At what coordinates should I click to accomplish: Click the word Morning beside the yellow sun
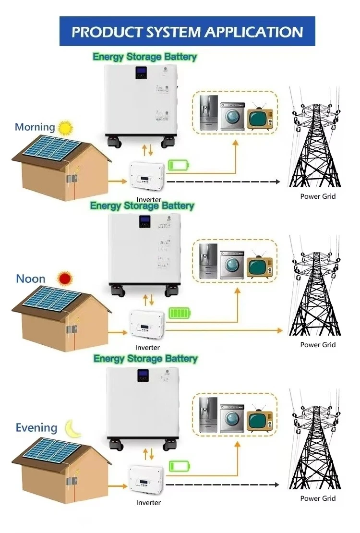point(35,127)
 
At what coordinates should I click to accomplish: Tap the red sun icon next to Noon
point(64,279)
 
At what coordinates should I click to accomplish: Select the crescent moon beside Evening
point(73,428)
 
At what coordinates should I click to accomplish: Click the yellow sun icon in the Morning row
point(65,128)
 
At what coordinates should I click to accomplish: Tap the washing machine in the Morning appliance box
point(232,117)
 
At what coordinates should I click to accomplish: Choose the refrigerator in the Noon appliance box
point(208,262)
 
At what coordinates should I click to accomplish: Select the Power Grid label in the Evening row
point(318,498)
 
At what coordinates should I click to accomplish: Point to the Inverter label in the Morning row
point(149,199)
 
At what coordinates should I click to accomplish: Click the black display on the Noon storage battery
point(144,221)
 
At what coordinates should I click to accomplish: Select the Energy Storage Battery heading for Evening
point(145,359)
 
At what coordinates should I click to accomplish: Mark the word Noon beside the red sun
point(31,279)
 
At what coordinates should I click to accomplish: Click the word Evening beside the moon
point(36,428)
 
